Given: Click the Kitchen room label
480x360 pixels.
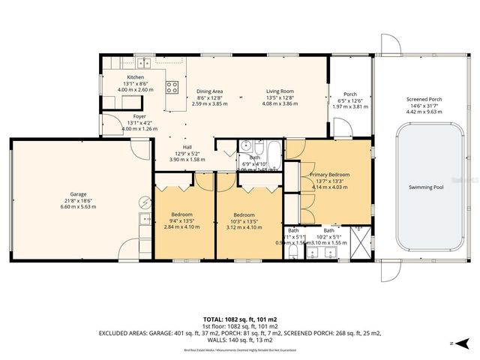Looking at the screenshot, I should tap(135, 77).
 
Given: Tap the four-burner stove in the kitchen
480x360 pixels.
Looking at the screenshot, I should tap(172, 85).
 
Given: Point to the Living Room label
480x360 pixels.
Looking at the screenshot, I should tap(277, 91).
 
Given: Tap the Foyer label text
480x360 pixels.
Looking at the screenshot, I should tap(139, 116).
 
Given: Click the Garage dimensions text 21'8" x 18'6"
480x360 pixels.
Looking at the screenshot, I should tap(78, 201).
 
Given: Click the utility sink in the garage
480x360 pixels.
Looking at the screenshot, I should tap(143, 220).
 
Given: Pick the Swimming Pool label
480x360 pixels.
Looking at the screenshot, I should tap(426, 187).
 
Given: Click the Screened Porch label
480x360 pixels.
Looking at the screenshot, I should tap(424, 99).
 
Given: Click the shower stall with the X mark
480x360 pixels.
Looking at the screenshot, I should tap(361, 244).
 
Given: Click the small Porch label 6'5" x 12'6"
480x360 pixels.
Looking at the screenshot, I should tap(349, 95).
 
